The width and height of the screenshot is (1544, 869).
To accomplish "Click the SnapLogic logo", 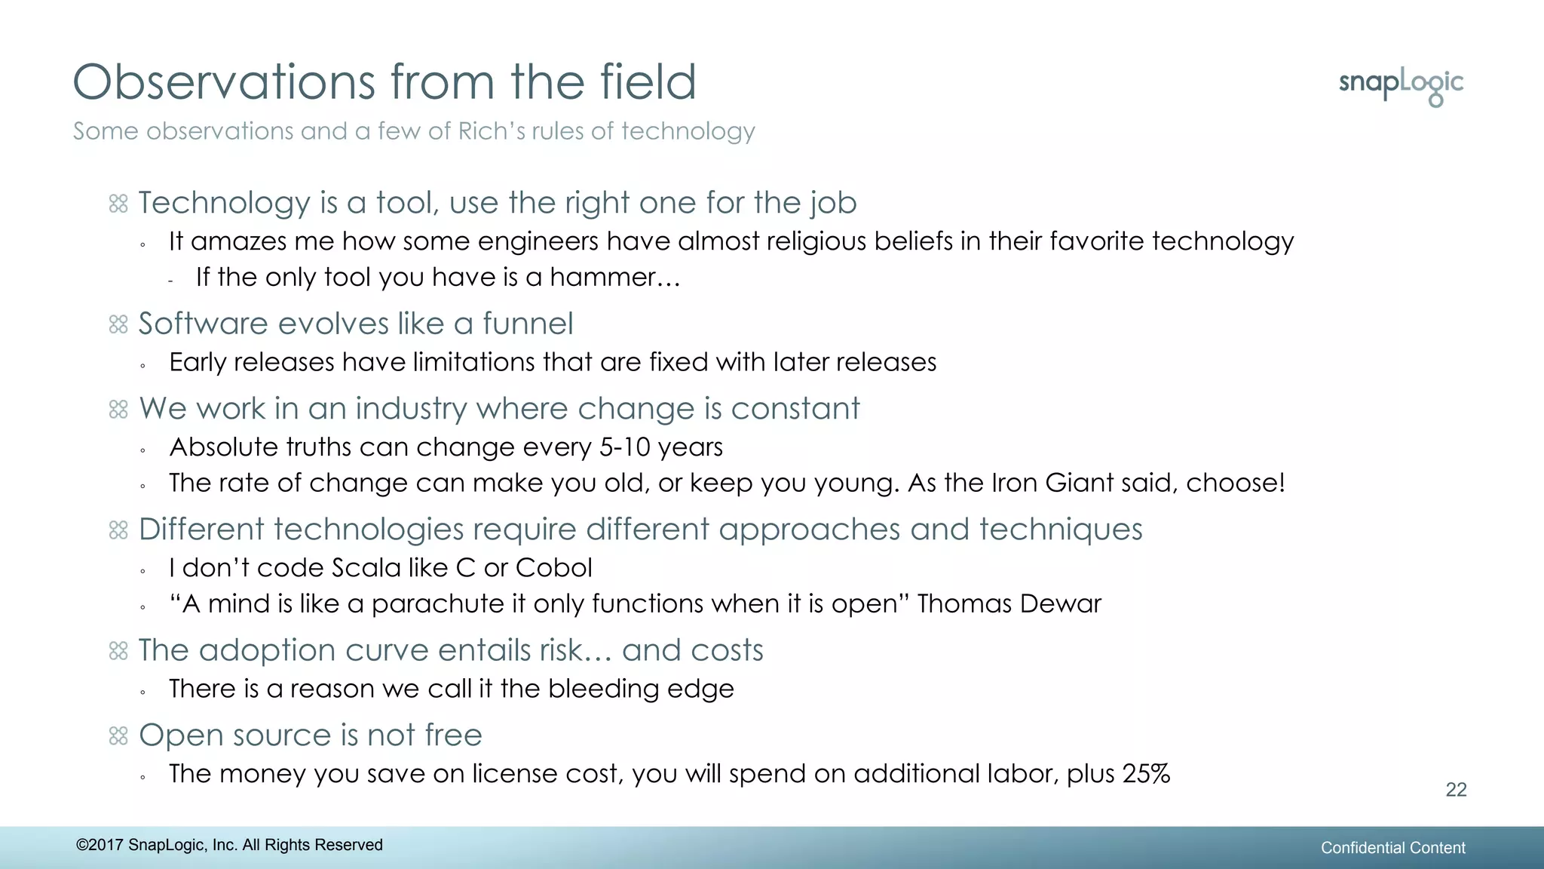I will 1401,86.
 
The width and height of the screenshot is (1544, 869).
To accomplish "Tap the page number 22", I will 1456,790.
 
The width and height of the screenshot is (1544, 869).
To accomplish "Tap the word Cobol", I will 553,568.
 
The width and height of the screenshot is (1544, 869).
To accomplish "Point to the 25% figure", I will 1146,774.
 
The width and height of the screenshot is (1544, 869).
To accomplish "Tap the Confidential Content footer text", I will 1392,848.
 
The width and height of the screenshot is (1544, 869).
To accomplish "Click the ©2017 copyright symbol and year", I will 100,845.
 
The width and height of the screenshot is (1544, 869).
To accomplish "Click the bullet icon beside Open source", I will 118,735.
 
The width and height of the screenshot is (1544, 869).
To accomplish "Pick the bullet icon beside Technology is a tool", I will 118,204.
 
